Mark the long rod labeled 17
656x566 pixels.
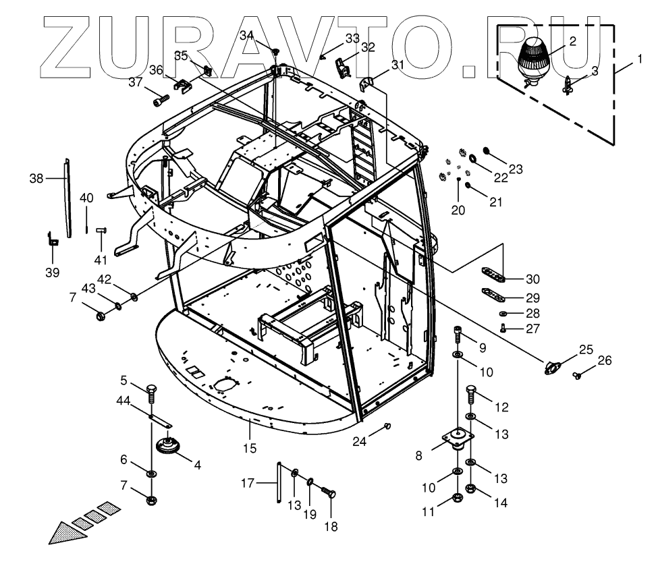[x=277, y=480]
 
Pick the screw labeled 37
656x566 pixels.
[x=160, y=101]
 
